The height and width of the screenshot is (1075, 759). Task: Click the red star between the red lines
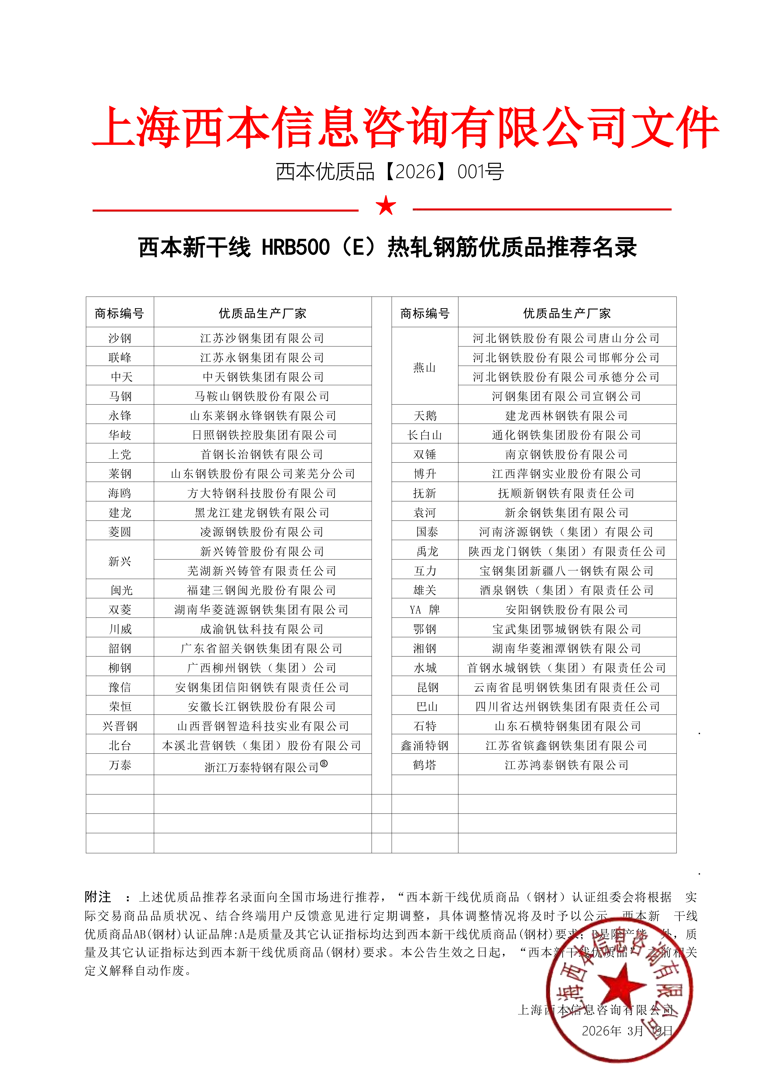tap(386, 206)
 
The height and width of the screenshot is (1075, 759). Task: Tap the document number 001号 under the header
tap(481, 172)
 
